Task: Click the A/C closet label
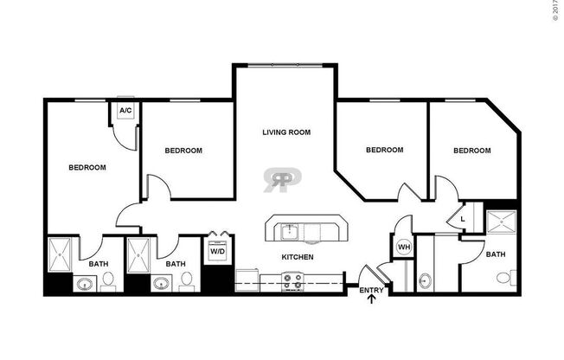[125, 111]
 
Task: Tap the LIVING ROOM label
[286, 132]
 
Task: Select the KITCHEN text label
[297, 257]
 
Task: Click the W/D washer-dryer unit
[216, 252]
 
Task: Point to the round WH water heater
[403, 247]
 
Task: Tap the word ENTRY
[372, 290]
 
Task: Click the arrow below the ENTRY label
[373, 300]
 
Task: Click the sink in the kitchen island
[289, 231]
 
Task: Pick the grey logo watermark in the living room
[282, 179]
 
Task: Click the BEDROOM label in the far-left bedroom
[87, 167]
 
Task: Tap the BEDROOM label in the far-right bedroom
[472, 150]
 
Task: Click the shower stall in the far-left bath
[62, 254]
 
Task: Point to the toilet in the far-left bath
[108, 280]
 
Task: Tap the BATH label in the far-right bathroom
[496, 254]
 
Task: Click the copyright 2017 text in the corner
[556, 11]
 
